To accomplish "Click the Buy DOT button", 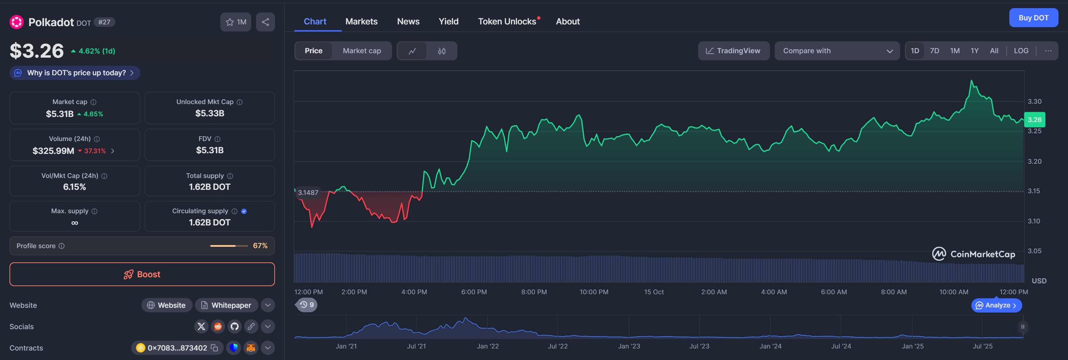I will pyautogui.click(x=1033, y=18).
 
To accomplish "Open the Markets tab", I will pyautogui.click(x=361, y=22).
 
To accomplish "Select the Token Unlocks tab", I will pyautogui.click(x=507, y=22).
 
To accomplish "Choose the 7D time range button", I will pyautogui.click(x=934, y=51).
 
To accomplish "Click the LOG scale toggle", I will pyautogui.click(x=1021, y=51).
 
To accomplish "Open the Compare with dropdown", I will pyautogui.click(x=837, y=51).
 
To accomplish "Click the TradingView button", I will pyautogui.click(x=733, y=51).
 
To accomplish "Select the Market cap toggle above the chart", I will pyautogui.click(x=361, y=51).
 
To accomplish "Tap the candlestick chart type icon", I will pyautogui.click(x=441, y=51).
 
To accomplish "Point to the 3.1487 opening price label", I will pyautogui.click(x=308, y=193).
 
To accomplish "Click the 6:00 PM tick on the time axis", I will pyautogui.click(x=474, y=292).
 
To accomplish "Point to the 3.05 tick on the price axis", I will pyautogui.click(x=1034, y=251).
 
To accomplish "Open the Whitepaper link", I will pyautogui.click(x=226, y=305).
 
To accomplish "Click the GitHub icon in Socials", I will pyautogui.click(x=235, y=326).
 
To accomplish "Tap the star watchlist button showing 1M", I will pyautogui.click(x=236, y=22).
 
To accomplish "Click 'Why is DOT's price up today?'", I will pyautogui.click(x=75, y=73).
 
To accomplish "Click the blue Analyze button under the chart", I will pyautogui.click(x=996, y=305).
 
